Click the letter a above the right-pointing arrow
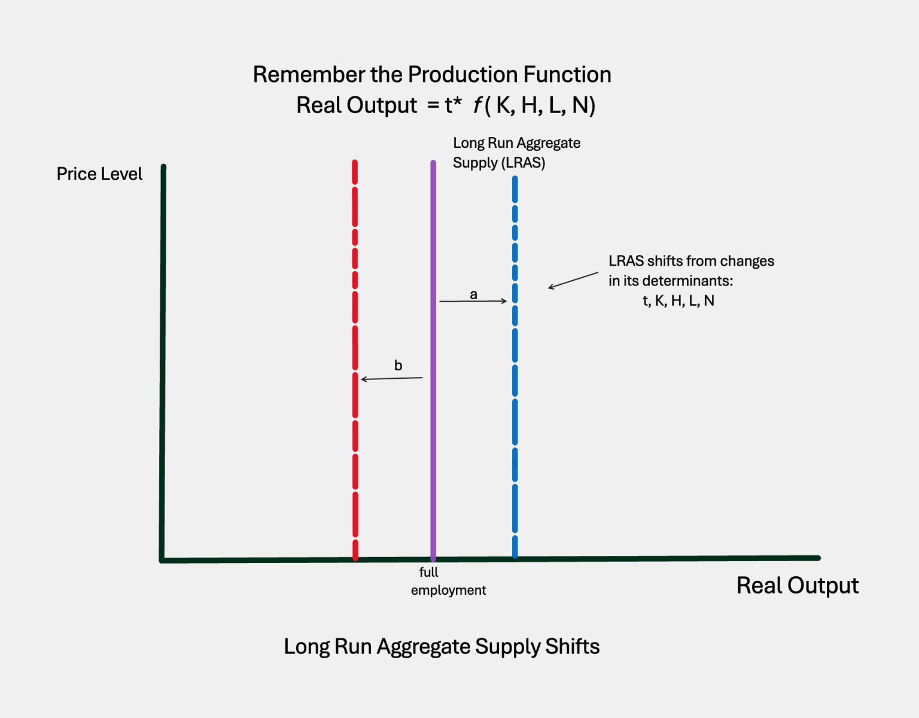[x=473, y=294]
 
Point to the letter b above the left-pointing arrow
[x=398, y=366]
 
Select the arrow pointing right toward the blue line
[x=473, y=301]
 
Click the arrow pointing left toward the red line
[x=392, y=378]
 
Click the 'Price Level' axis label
[x=99, y=174]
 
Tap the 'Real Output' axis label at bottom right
[x=797, y=585]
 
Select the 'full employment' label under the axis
[x=448, y=581]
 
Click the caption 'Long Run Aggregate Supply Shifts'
[x=442, y=647]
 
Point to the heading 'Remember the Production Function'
[x=432, y=75]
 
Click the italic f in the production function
[x=477, y=105]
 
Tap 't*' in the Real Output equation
[x=453, y=105]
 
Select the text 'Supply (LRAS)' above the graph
[x=499, y=163]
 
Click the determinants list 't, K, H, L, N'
[x=678, y=301]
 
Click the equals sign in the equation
[x=433, y=106]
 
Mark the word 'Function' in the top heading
[x=567, y=75]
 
